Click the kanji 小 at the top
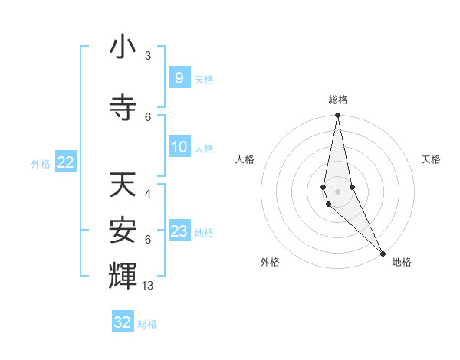[123, 47]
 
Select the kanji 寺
[123, 108]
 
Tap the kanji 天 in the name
[123, 185]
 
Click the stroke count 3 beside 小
[147, 56]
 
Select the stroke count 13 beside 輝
[149, 286]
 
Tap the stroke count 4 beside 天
[147, 194]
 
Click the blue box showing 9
[179, 78]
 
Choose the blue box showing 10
[179, 147]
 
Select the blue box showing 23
[179, 231]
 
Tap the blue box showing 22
[65, 162]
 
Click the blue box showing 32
[123, 322]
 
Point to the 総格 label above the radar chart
[337, 100]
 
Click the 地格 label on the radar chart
[402, 262]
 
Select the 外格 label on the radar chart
[270, 262]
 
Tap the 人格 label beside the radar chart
[245, 159]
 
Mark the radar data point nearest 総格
[337, 116]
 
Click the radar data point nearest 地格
[383, 253]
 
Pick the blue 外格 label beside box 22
[40, 163]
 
